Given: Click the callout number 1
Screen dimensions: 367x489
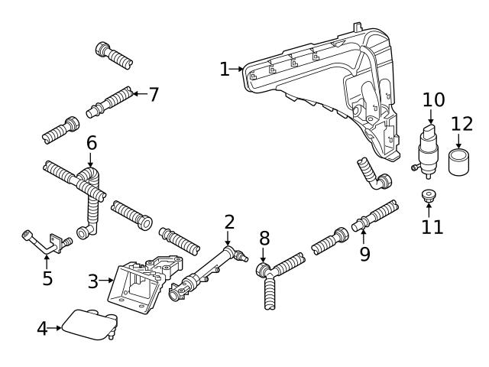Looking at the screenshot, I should (224, 70).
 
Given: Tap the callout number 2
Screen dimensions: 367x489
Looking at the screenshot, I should (229, 222).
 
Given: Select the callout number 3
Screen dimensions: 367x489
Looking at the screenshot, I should (93, 281).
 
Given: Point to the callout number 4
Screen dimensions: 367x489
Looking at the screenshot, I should (43, 329).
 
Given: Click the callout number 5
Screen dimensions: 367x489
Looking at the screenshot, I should (47, 278).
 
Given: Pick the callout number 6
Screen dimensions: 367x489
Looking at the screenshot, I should (91, 143).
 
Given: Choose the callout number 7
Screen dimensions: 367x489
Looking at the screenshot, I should (154, 95).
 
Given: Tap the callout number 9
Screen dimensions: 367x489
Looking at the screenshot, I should (365, 254).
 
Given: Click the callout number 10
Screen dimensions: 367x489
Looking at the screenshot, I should (432, 99).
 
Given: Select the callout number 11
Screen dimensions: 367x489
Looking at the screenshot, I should (432, 226).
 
